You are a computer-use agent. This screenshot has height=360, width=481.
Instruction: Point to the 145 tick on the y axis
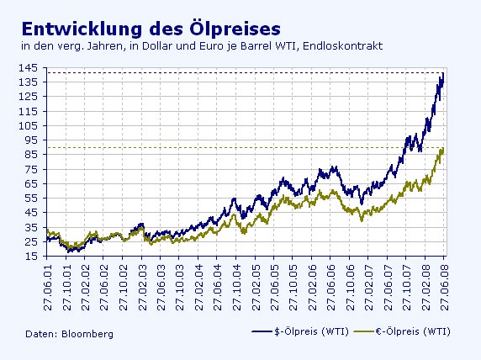[29, 67]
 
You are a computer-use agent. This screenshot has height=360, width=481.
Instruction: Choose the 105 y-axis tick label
[29, 125]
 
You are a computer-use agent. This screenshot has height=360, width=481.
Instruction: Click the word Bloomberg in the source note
[87, 334]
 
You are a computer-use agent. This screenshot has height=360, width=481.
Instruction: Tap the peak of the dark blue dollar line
[442, 74]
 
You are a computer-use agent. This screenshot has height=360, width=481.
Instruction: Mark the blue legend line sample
[265, 333]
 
